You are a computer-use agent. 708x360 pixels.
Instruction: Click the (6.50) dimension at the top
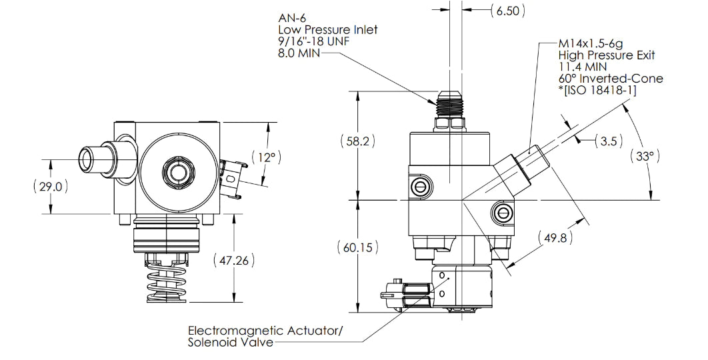point(507,10)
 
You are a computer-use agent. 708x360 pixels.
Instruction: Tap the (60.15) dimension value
point(357,247)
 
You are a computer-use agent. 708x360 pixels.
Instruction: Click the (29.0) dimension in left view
point(51,187)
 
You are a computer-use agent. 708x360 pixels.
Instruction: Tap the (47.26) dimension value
point(233,260)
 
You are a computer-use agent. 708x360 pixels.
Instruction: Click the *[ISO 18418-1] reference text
point(597,91)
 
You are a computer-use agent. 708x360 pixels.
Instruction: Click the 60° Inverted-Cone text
point(611,79)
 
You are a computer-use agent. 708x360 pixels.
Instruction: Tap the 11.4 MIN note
point(582,67)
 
